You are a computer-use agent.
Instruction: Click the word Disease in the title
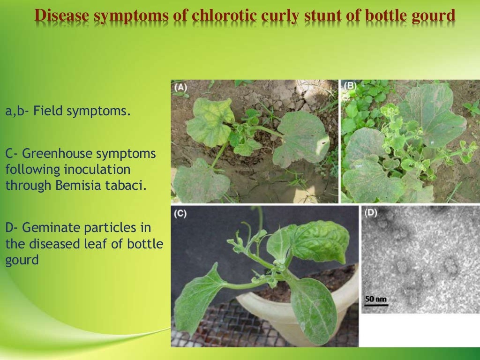(63, 16)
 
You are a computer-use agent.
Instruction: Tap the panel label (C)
(180, 214)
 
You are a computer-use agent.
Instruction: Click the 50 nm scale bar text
(375, 298)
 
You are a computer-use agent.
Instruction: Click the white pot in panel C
(262, 309)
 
